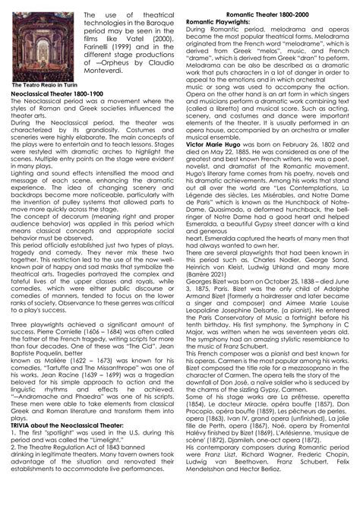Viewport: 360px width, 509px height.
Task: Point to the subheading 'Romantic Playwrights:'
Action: [x=213, y=22]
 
